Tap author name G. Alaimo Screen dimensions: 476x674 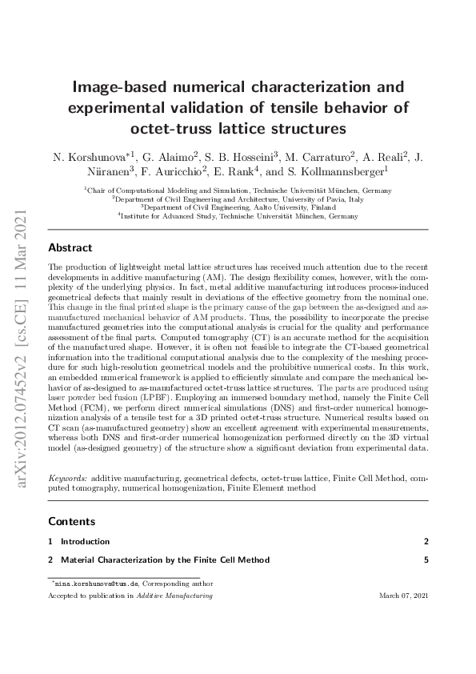tap(169, 155)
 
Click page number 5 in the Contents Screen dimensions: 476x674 tap(427, 560)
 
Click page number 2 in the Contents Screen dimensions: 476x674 tap(427, 542)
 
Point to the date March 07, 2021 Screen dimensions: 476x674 tap(403, 596)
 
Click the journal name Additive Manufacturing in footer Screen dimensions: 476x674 tap(185, 596)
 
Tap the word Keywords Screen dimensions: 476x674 tap(66, 478)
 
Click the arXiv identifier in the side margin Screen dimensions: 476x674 tap(23, 336)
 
